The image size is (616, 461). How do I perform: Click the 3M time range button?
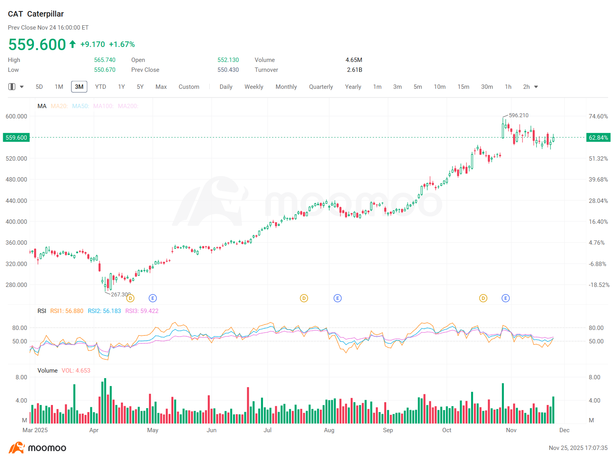pos(79,87)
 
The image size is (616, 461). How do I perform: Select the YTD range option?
pos(100,87)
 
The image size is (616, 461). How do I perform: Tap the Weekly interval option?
pos(254,87)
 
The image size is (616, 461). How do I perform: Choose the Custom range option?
pos(189,87)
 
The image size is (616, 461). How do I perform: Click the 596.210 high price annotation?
pos(518,115)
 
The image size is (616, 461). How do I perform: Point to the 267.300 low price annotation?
pos(121,294)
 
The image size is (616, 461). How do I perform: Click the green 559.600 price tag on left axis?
pos(16,137)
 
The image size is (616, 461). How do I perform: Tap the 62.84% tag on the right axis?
pos(598,137)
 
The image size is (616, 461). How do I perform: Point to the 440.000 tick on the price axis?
pos(16,201)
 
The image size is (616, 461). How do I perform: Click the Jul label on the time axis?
pos(267,430)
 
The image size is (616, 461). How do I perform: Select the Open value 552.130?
pos(228,60)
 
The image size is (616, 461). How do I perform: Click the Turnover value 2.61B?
pos(354,69)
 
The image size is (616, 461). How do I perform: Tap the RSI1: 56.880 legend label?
pos(67,311)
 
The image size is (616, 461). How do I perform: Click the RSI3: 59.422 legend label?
pos(142,311)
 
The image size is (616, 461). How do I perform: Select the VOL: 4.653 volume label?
pos(76,370)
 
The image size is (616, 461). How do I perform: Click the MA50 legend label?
pos(81,106)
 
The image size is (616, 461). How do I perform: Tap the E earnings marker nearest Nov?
pos(505,298)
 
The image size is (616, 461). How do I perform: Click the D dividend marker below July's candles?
pos(304,298)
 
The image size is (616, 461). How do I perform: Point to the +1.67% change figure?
pos(122,44)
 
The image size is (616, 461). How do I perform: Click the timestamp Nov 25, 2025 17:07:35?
pos(578,448)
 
